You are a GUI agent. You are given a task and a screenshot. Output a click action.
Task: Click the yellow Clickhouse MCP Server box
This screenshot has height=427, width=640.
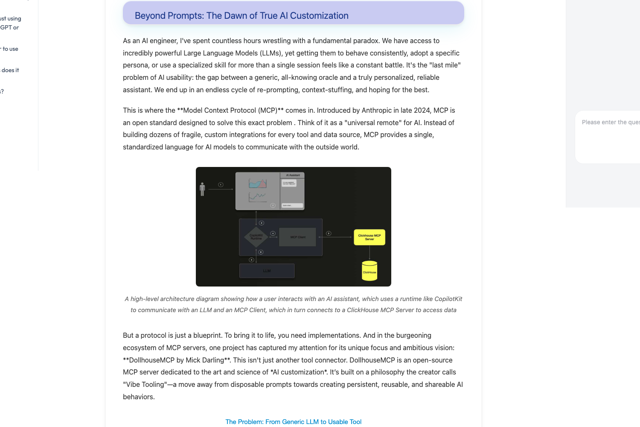point(369,237)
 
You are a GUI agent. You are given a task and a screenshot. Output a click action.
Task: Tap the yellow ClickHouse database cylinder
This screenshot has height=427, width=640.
point(369,271)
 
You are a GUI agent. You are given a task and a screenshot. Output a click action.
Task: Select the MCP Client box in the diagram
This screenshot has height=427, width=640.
point(298,237)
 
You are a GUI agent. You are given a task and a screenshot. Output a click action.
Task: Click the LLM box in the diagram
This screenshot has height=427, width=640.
point(267,271)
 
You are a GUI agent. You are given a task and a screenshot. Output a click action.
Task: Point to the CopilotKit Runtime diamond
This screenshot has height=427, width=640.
point(256,237)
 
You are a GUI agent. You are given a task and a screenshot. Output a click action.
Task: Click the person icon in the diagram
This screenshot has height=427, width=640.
point(202,189)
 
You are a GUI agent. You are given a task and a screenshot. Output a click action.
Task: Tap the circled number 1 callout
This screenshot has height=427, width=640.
point(221,184)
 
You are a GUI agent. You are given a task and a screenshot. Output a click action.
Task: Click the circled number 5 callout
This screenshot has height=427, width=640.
point(329,233)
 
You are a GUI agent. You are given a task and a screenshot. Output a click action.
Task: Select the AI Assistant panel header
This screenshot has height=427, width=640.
point(293,175)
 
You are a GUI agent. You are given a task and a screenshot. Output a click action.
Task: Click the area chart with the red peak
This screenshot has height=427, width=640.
point(258,184)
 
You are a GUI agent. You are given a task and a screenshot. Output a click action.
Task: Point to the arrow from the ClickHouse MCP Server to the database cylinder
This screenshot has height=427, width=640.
point(369,253)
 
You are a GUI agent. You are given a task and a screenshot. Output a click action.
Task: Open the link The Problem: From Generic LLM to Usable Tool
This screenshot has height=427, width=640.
point(294,422)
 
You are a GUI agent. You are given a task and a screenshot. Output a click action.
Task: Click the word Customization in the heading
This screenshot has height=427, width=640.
point(319,16)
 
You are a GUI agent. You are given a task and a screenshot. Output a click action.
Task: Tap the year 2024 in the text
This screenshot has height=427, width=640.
point(422,110)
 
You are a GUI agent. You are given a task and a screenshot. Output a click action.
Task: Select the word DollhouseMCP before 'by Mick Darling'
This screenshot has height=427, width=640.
point(149,360)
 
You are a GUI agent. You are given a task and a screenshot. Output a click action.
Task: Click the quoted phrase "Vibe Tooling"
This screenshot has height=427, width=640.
point(145,384)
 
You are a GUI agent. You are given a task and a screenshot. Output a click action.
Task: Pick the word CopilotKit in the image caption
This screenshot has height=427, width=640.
point(448,299)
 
